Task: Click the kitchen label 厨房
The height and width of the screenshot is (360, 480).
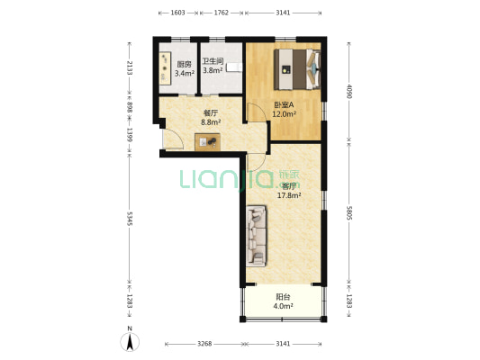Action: click(x=185, y=64)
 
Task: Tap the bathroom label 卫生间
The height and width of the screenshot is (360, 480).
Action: click(x=213, y=61)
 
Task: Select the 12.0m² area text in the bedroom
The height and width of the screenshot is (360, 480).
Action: click(x=284, y=114)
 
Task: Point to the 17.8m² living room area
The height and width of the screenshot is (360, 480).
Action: click(x=289, y=195)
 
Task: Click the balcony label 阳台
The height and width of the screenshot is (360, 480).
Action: click(x=283, y=297)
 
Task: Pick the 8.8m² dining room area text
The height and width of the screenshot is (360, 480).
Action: click(x=211, y=122)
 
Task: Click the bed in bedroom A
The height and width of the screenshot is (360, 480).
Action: click(x=297, y=69)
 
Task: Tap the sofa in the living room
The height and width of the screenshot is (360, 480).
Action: click(x=257, y=236)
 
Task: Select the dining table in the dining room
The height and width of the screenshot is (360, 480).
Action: click(x=207, y=142)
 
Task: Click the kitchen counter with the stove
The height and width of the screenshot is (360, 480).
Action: click(x=165, y=68)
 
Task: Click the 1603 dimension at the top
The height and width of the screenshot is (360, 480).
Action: click(x=177, y=13)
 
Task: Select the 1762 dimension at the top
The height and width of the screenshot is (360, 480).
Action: click(x=221, y=13)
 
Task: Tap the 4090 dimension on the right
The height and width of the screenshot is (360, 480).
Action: click(x=349, y=91)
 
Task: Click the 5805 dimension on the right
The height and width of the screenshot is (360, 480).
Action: click(x=349, y=212)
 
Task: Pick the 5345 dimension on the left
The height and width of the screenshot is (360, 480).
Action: click(x=130, y=219)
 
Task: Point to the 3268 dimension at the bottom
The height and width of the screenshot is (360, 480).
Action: click(x=204, y=344)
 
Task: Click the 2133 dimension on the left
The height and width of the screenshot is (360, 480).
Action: click(x=130, y=67)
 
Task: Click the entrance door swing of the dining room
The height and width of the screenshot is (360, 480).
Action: click(x=173, y=139)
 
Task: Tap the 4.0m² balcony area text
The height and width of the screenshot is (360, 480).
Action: click(x=283, y=306)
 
